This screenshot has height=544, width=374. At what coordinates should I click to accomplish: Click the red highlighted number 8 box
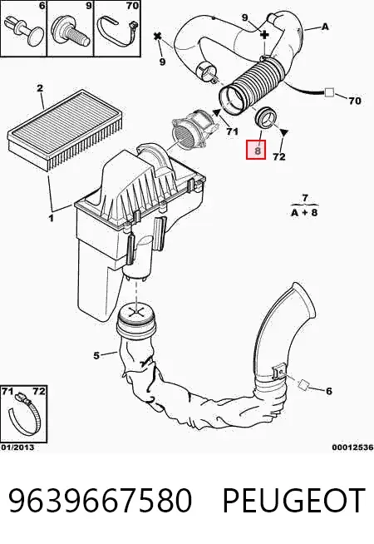(256, 150)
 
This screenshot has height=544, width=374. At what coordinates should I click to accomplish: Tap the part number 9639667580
(100, 500)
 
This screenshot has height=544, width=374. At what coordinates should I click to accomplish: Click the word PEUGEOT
(293, 500)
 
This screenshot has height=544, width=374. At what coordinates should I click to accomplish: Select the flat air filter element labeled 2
(65, 129)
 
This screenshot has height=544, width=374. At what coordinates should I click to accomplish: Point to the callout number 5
(96, 356)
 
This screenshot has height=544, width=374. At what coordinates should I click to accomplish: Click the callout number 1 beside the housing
(51, 218)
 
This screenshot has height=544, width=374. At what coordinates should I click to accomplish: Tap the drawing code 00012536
(352, 448)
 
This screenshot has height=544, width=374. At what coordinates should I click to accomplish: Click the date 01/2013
(17, 448)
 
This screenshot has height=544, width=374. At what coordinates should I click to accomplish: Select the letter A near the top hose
(325, 27)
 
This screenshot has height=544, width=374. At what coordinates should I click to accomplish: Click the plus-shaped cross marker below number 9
(264, 34)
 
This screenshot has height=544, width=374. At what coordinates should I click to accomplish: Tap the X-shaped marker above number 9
(158, 36)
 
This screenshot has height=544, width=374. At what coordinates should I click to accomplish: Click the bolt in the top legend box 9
(71, 31)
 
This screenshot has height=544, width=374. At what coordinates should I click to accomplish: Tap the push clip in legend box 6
(26, 30)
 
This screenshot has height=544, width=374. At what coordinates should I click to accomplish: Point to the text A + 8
(304, 212)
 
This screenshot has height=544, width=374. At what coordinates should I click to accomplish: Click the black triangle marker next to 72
(284, 133)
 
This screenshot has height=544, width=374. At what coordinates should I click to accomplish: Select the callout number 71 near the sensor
(232, 131)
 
